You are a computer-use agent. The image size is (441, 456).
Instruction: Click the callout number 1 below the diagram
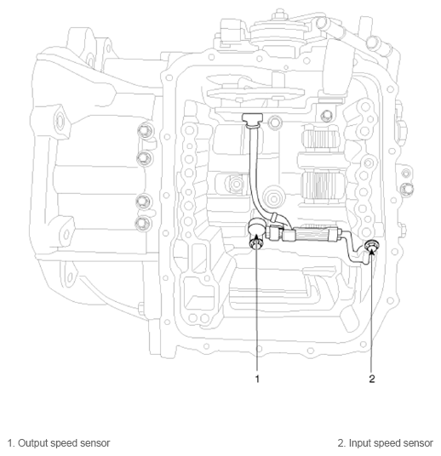click(x=257, y=379)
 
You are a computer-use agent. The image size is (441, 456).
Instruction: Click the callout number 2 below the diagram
click(x=372, y=379)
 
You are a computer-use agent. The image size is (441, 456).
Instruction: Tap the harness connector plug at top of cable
click(x=252, y=119)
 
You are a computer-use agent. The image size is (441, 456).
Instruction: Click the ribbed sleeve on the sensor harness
click(x=312, y=235)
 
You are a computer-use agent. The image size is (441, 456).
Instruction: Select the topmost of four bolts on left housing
click(x=144, y=132)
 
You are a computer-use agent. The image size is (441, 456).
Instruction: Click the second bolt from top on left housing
click(x=144, y=158)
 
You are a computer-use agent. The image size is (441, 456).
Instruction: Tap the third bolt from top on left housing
click(x=143, y=202)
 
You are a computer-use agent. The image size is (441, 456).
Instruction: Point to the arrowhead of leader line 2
click(x=372, y=249)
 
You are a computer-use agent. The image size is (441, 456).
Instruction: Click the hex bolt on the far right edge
click(x=406, y=189)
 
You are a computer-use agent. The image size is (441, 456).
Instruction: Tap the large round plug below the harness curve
click(x=273, y=199)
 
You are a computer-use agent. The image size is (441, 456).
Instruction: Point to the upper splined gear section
click(x=319, y=140)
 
